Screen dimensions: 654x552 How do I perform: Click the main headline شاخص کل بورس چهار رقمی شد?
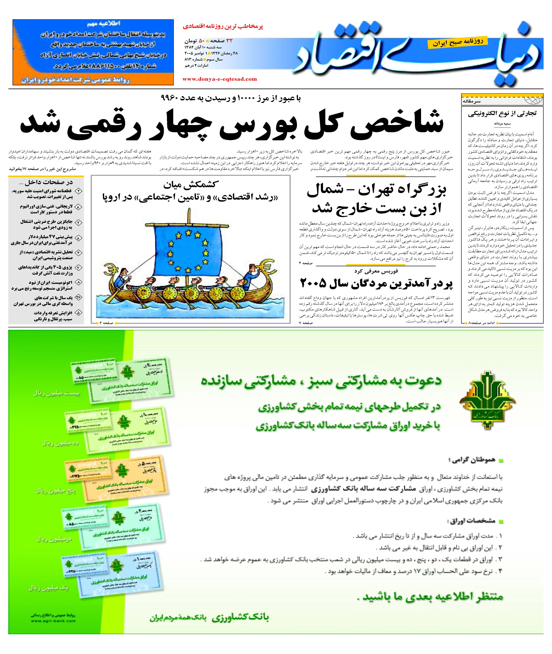coord(232,124)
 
